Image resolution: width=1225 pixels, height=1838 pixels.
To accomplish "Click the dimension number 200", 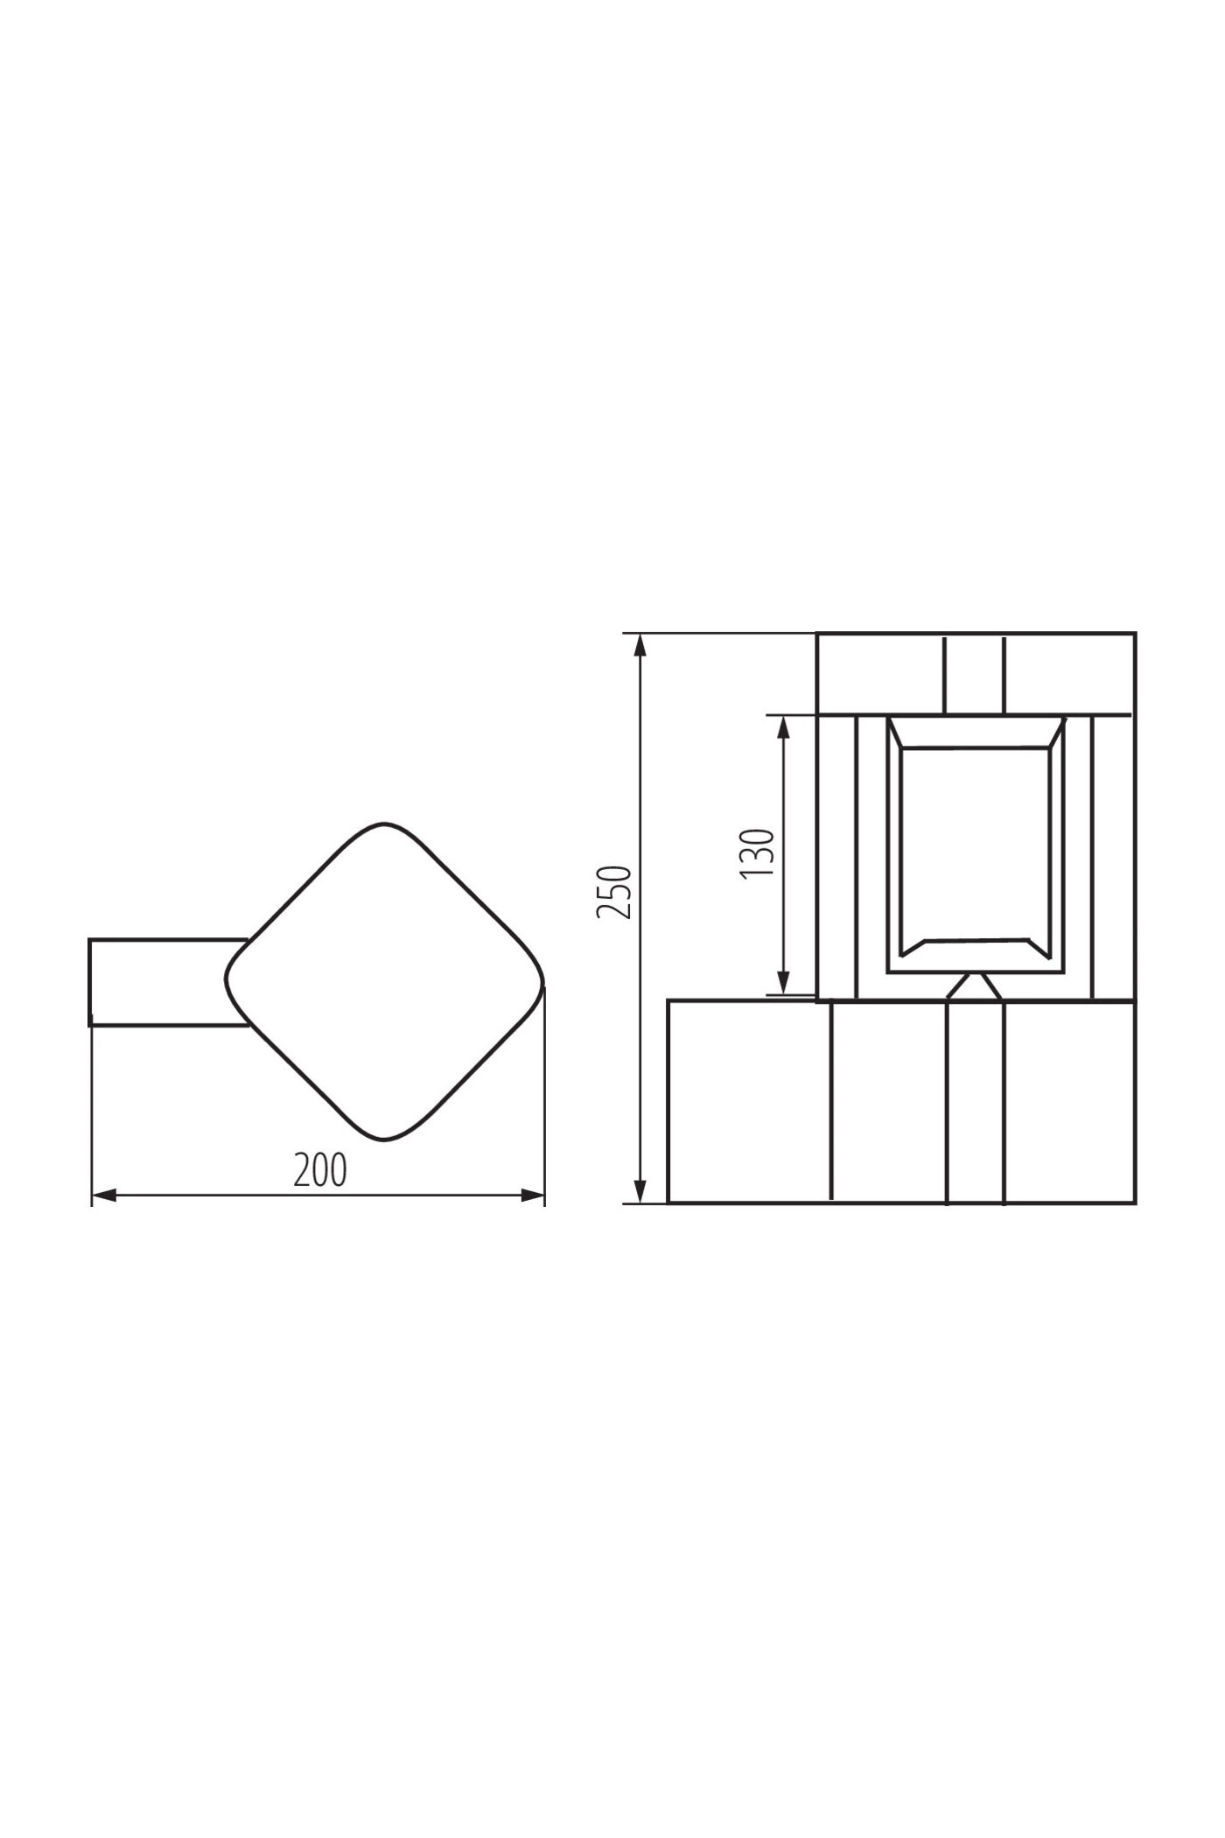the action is [x=320, y=1170].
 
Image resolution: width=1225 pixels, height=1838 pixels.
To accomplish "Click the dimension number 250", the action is [x=613, y=892].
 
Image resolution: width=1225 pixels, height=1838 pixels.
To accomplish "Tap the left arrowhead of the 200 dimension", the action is [x=104, y=1196].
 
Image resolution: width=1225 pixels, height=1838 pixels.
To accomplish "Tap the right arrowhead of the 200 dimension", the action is [x=532, y=1196].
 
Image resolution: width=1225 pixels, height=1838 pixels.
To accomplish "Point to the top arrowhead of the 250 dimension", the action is [x=640, y=645].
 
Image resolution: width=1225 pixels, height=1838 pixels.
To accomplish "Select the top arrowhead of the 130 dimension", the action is [x=784, y=728].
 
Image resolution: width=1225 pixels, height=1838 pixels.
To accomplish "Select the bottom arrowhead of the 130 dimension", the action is [x=784, y=983].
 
